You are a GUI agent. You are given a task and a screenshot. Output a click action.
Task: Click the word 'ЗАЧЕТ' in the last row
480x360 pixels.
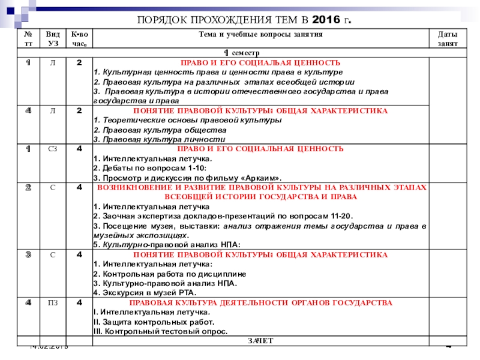(260, 341)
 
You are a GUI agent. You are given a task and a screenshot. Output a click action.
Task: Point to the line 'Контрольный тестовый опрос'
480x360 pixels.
(160, 331)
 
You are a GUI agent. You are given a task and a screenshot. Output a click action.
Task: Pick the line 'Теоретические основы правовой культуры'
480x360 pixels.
(187, 120)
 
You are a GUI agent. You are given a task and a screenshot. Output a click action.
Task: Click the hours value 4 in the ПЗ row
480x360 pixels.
(79, 303)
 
